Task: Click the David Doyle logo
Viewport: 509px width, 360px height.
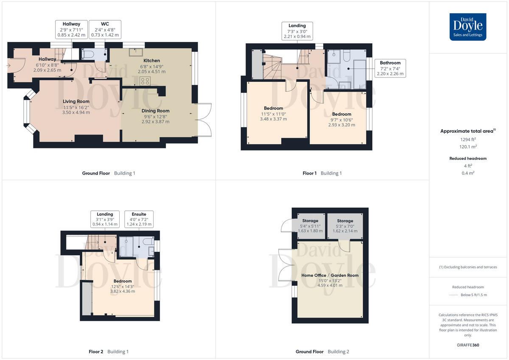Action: pyautogui.click(x=468, y=27)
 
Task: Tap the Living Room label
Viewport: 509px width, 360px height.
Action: pyautogui.click(x=76, y=107)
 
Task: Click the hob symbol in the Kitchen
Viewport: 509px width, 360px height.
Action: pyautogui.click(x=145, y=81)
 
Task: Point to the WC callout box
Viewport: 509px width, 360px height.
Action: pyautogui.click(x=105, y=30)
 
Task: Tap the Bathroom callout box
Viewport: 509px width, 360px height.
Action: pyautogui.click(x=390, y=68)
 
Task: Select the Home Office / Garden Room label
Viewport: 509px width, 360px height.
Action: pyautogui.click(x=330, y=280)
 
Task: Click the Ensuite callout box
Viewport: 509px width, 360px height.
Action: pyautogui.click(x=139, y=219)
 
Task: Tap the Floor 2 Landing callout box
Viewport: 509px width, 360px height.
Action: pyautogui.click(x=105, y=219)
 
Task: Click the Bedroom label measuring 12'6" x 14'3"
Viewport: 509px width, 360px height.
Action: pyautogui.click(x=123, y=286)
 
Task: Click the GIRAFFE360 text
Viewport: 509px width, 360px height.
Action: pyautogui.click(x=468, y=345)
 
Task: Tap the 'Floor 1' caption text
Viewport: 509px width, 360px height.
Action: pyautogui.click(x=309, y=173)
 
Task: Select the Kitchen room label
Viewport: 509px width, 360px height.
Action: pyautogui.click(x=151, y=66)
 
